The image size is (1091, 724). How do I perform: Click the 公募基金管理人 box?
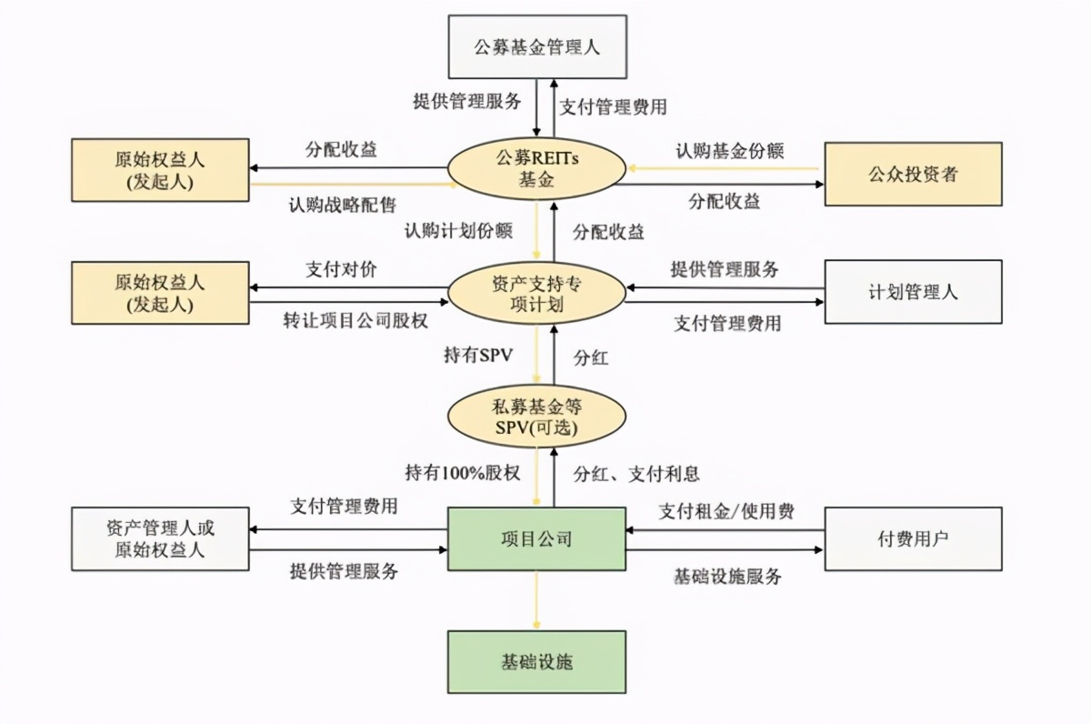pos(537,46)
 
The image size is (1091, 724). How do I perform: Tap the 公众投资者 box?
pos(912,174)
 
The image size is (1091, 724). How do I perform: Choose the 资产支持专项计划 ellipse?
pos(537,293)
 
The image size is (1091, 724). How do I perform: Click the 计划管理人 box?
pos(912,292)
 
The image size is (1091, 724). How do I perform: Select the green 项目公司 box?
pos(537,538)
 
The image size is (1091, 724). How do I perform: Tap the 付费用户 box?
pos(912,538)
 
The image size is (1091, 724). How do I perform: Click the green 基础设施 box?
pos(537,662)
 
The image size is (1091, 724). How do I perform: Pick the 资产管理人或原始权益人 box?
pos(160,538)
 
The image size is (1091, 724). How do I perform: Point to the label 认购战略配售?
pos(342,205)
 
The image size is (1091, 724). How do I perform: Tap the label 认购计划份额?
pos(458,230)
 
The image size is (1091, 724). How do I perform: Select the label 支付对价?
pos(342,270)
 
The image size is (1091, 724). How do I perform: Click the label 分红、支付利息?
pos(636,474)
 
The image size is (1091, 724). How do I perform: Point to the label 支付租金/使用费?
pos(726,511)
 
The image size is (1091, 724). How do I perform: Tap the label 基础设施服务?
pos(727,576)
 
